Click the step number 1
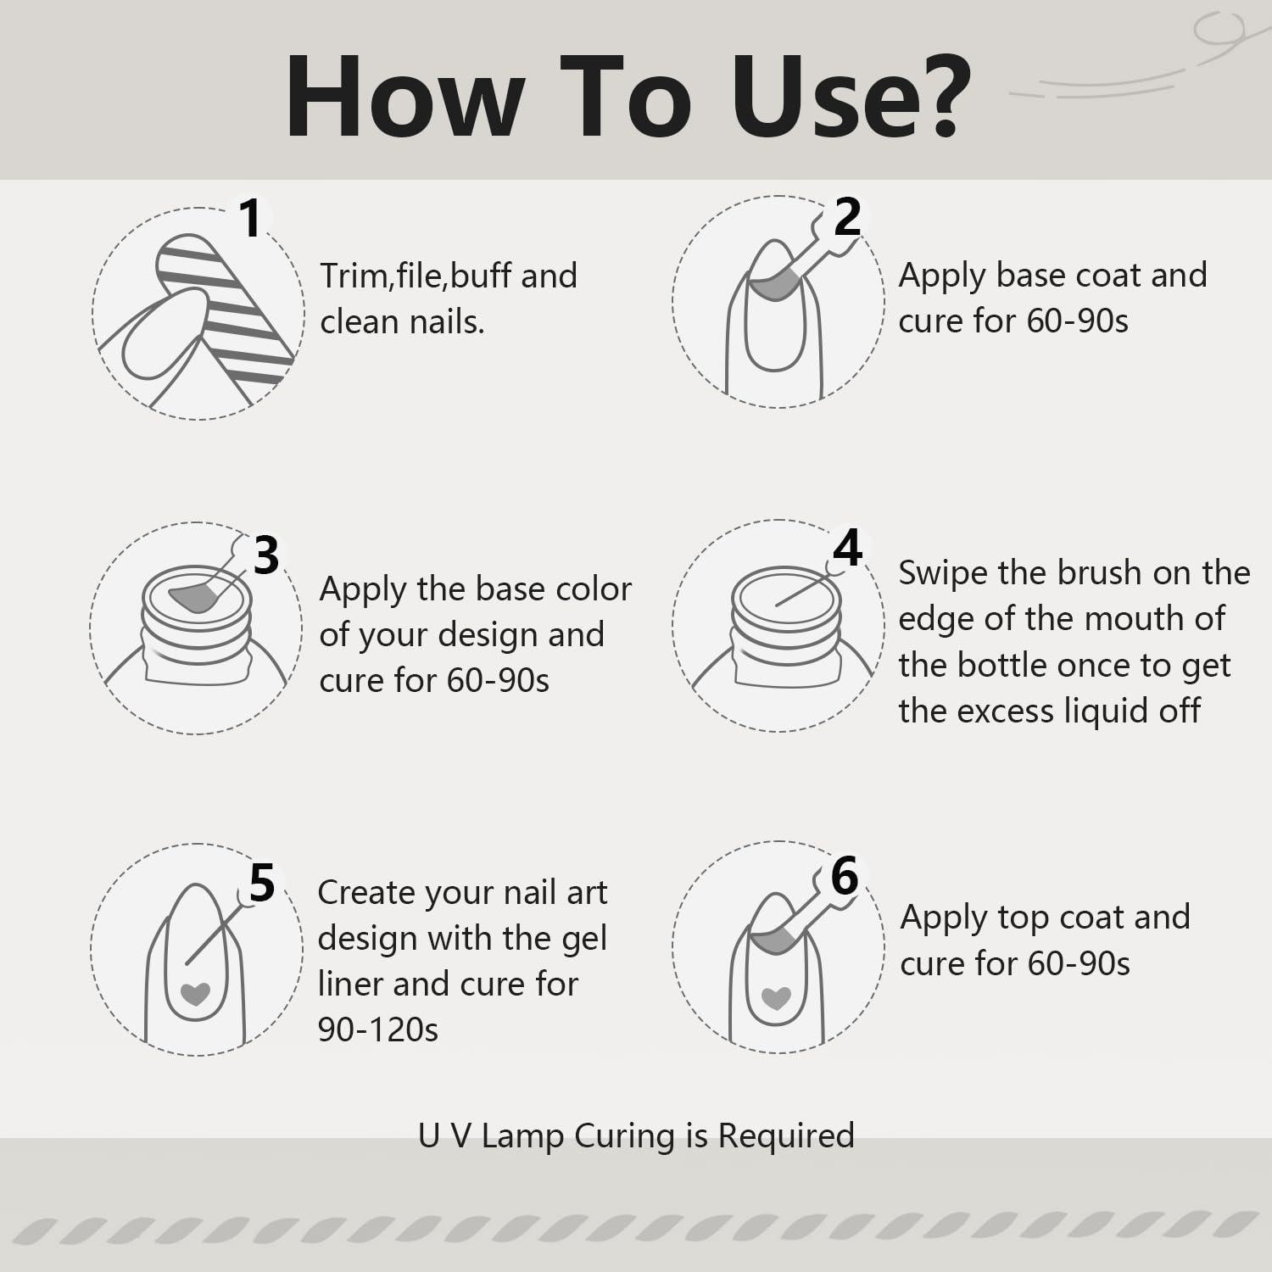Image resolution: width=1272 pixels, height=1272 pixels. (x=250, y=219)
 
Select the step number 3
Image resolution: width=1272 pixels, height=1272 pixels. (x=266, y=556)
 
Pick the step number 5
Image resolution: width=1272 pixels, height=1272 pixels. (x=262, y=883)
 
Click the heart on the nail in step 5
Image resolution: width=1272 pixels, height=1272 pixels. (x=196, y=993)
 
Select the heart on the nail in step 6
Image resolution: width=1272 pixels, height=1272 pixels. (x=777, y=998)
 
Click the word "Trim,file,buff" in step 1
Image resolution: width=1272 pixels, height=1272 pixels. (x=416, y=276)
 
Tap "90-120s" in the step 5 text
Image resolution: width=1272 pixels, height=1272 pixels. (x=378, y=1029)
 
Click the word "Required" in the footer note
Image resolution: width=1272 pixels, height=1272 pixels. (x=786, y=1135)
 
